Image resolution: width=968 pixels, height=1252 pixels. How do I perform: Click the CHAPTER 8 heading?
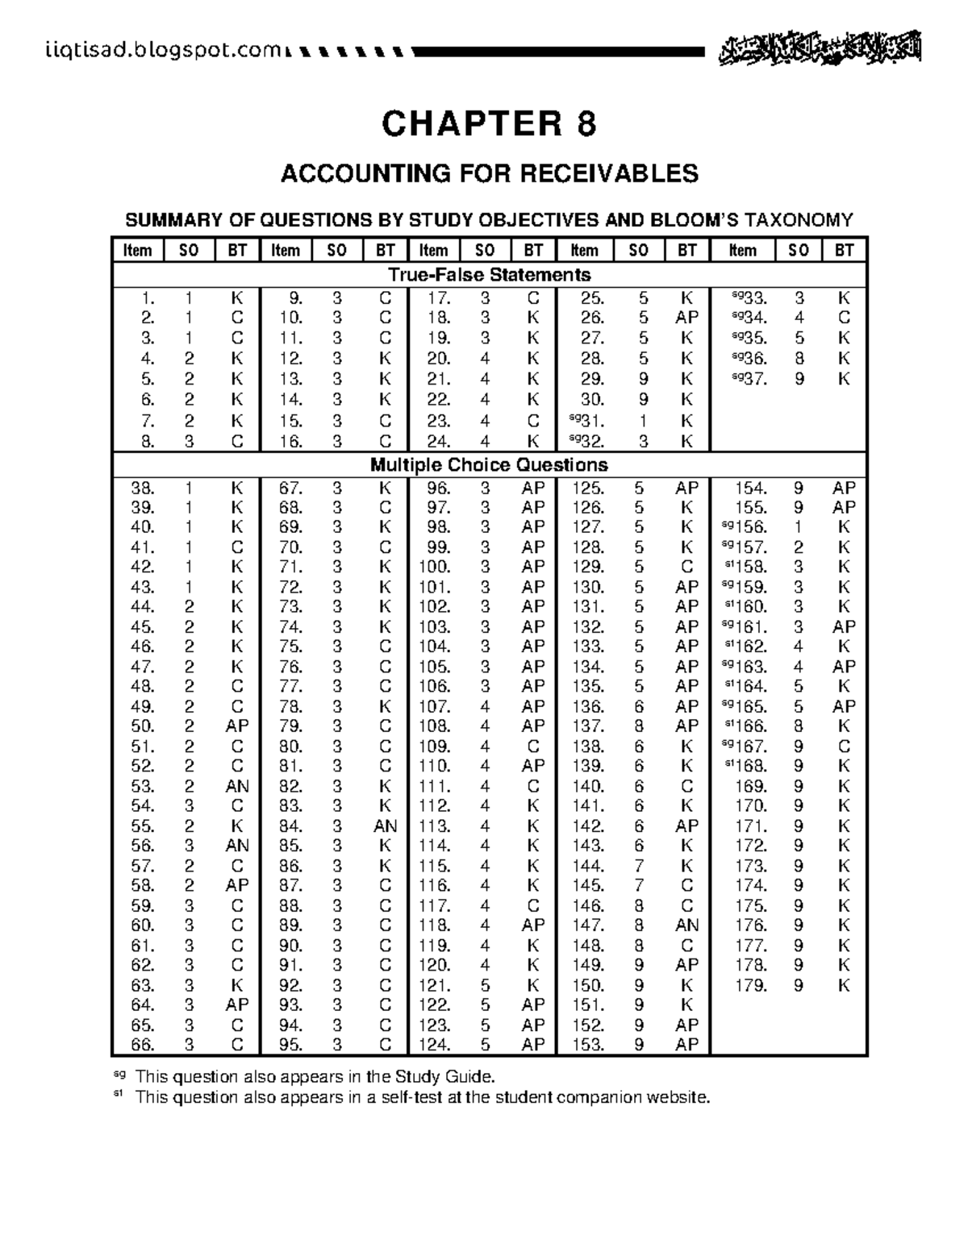pos(489,124)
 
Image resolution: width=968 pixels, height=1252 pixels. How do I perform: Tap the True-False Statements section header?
pos(490,274)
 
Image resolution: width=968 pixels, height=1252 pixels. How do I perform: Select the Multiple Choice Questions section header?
pos(489,465)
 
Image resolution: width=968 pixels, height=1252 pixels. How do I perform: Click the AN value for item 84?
pos(385,826)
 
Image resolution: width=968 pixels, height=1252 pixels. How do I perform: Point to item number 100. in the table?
pos(435,567)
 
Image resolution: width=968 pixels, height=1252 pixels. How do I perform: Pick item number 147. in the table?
pos(588,925)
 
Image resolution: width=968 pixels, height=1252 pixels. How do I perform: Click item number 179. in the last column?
pos(751,985)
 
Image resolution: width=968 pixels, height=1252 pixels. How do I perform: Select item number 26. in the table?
pos(592,318)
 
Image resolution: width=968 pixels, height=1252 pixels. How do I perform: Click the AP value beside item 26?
pos(686,318)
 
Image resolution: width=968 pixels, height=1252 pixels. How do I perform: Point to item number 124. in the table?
pos(435,1045)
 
